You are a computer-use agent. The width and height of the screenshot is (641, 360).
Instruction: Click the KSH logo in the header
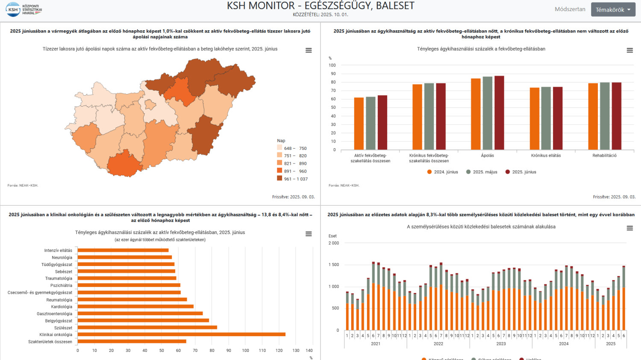24,9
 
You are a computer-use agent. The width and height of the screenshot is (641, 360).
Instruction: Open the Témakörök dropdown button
613,9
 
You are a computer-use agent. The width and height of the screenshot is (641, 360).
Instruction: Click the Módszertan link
570,9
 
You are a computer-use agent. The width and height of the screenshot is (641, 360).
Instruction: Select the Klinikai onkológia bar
181,334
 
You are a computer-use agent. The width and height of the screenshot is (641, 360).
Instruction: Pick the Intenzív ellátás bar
123,250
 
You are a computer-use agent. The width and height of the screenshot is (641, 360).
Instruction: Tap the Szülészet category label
63,328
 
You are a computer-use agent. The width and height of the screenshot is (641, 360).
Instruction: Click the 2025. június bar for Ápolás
499,113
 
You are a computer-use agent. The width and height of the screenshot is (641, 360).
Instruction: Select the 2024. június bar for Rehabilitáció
593,116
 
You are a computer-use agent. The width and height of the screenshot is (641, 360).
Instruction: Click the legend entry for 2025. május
482,172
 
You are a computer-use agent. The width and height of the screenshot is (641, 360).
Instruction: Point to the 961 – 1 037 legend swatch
279,179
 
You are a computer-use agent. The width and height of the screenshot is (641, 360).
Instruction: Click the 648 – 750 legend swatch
279,148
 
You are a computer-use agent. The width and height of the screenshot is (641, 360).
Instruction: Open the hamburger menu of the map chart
309,50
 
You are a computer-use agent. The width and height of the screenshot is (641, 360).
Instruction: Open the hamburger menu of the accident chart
629,228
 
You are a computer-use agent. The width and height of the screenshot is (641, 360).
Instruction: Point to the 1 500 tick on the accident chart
333,265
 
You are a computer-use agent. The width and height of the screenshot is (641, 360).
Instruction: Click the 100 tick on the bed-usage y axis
332,65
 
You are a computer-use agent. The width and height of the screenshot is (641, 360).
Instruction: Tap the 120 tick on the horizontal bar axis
279,351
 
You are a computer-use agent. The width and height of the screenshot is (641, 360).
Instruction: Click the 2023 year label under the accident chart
501,344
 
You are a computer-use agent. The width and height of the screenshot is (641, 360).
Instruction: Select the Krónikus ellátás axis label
546,155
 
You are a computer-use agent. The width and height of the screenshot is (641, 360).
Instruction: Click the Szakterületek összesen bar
132,341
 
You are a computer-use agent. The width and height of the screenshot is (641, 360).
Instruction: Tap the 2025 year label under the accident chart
611,344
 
